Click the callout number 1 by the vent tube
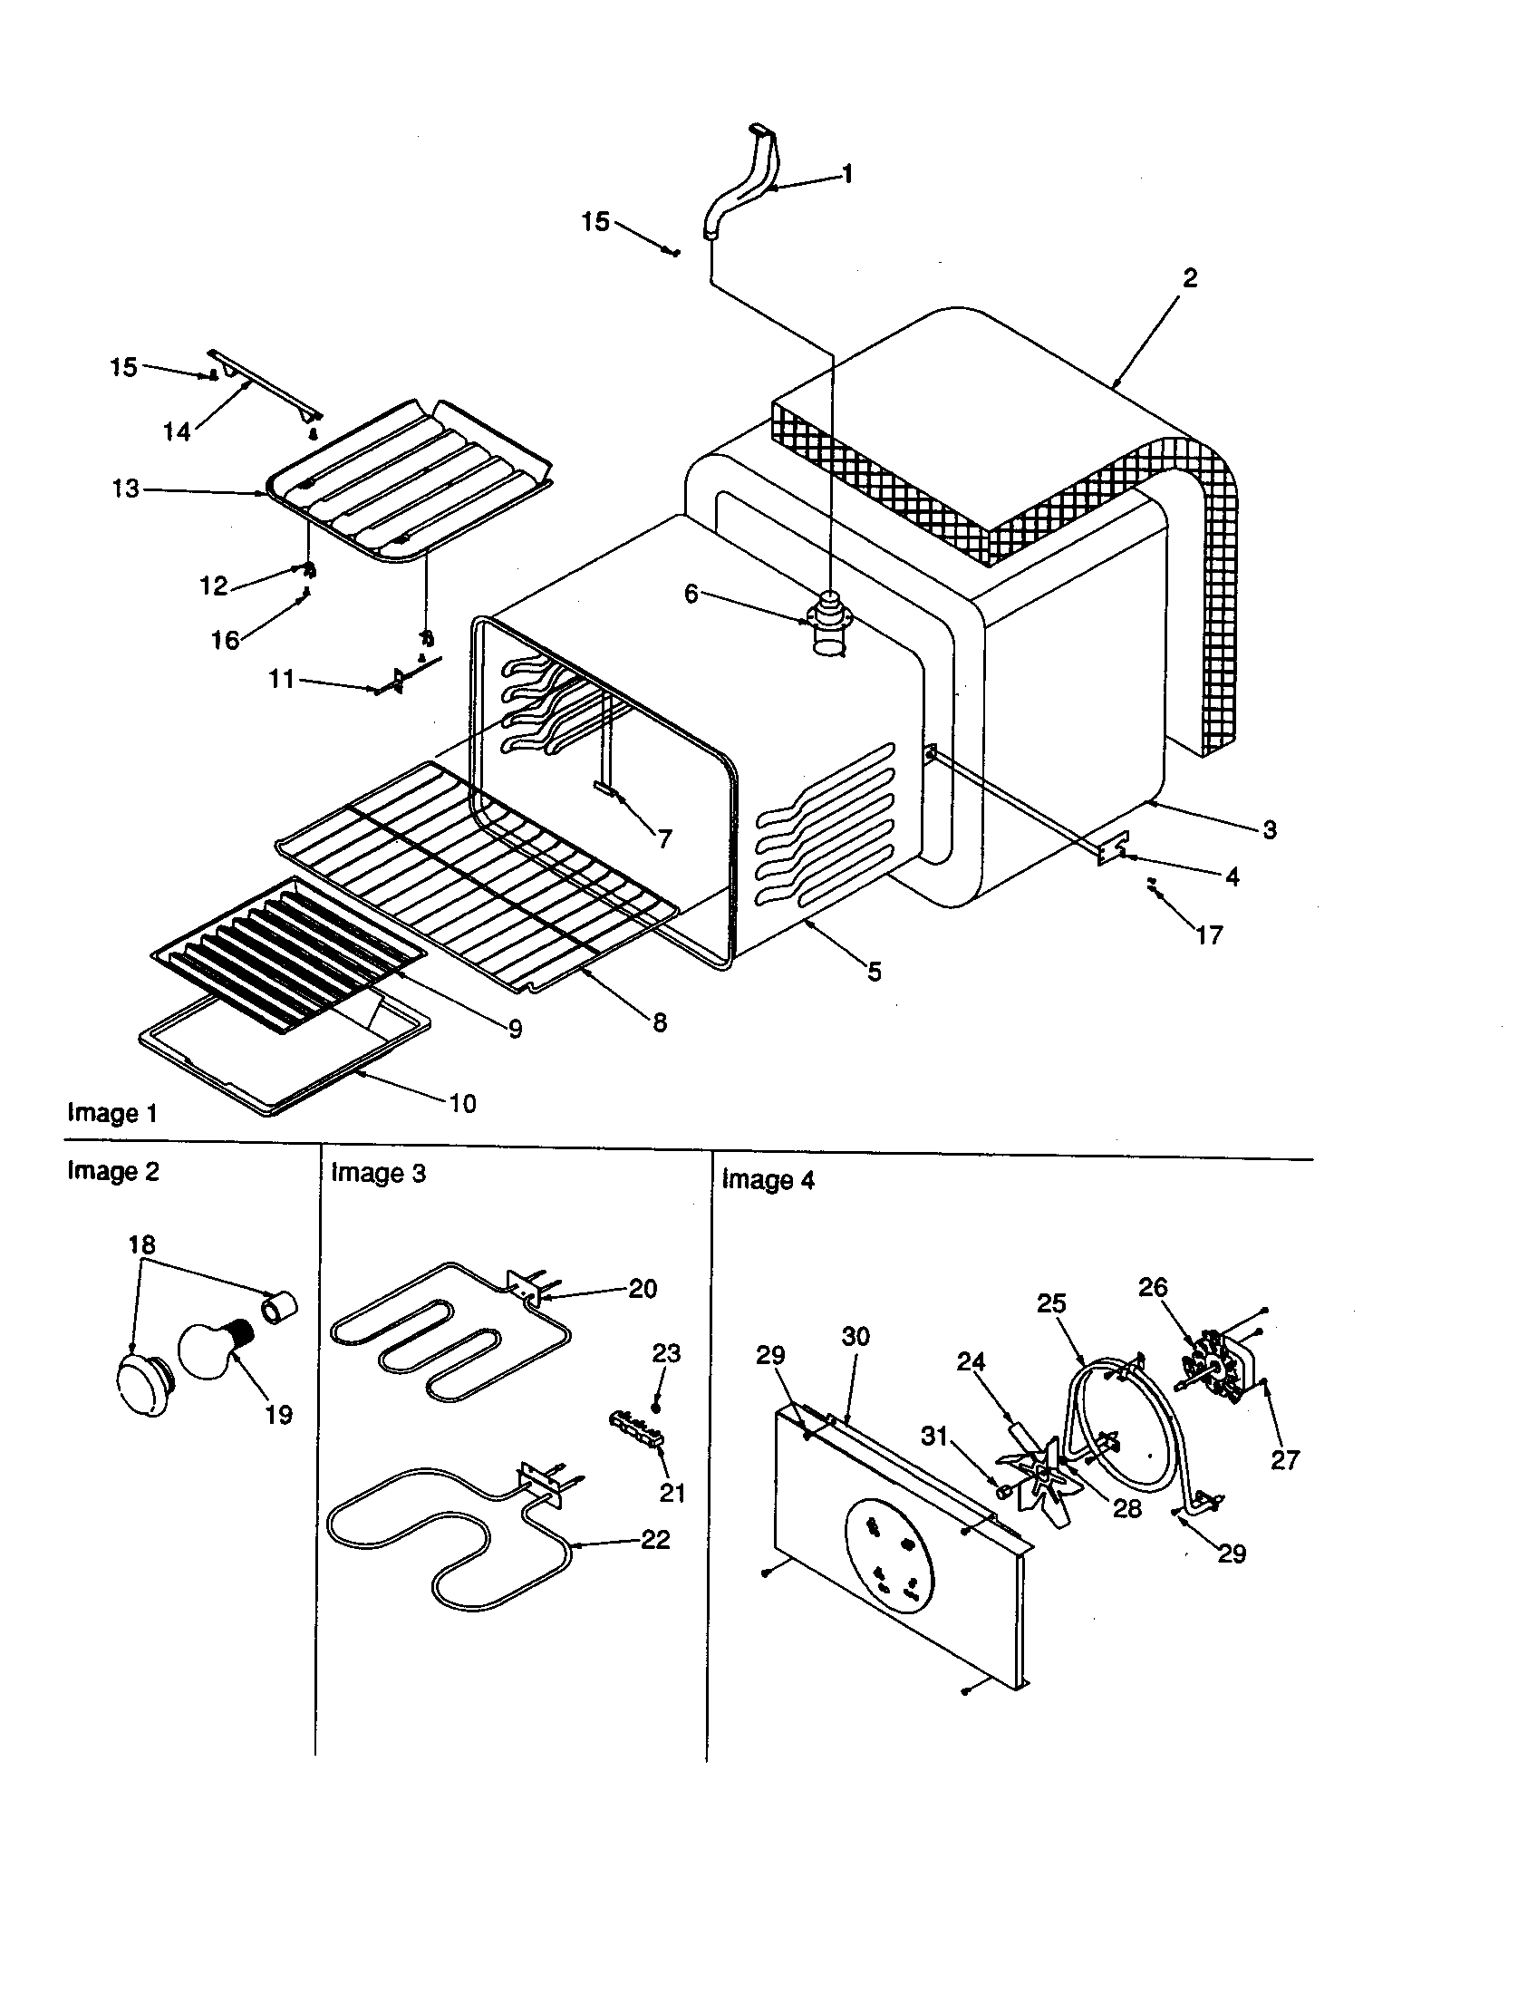847,173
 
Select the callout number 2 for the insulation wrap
1189,277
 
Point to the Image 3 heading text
378,1172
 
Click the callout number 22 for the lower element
655,1539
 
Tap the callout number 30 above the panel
855,1336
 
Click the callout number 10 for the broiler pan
463,1104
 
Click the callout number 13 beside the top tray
126,489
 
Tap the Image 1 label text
112,1113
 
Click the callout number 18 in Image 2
141,1244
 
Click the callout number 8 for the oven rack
660,1022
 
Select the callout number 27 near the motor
1284,1460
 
